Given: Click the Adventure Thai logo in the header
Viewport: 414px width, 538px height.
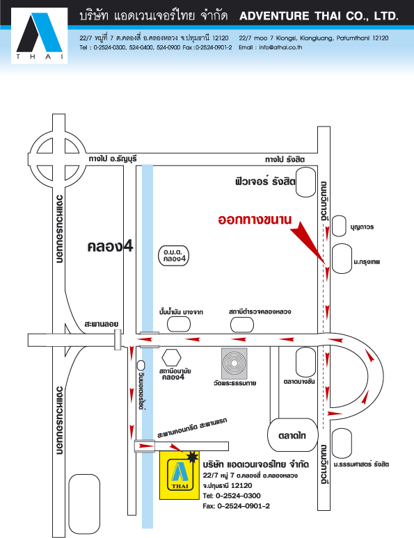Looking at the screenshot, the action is click(x=39, y=35).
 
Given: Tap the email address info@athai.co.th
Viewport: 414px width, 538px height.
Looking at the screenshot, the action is click(x=280, y=47).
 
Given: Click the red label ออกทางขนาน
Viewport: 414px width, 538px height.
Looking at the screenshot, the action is click(x=255, y=220).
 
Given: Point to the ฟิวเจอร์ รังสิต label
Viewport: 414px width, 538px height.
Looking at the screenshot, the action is click(x=265, y=181).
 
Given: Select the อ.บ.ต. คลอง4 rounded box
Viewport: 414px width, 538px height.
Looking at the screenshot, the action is click(x=174, y=256).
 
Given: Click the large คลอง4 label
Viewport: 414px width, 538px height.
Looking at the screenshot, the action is click(x=110, y=246).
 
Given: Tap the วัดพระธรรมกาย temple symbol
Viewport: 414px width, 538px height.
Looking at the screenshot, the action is click(x=234, y=363).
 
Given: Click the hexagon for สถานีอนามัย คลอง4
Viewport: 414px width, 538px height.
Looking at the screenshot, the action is click(x=171, y=357).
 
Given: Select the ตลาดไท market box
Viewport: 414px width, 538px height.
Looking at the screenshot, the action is click(x=293, y=435).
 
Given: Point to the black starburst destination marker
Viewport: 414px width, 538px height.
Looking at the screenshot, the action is click(x=192, y=457).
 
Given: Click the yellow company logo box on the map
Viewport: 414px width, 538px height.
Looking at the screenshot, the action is click(x=180, y=475).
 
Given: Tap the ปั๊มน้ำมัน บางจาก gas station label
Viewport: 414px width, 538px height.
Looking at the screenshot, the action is click(x=181, y=312).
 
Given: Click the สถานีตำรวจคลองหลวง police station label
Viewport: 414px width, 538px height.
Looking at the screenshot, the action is click(x=260, y=311).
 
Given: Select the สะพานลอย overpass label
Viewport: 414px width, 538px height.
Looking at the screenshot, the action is click(x=102, y=324).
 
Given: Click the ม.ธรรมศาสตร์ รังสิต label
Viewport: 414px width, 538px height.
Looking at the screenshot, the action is click(x=361, y=464).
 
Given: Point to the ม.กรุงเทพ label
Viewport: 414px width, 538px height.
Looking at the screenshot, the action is click(x=367, y=262).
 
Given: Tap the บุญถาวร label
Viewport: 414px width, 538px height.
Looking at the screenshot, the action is click(x=362, y=227).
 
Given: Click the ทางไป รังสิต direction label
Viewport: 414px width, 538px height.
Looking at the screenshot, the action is click(x=285, y=159).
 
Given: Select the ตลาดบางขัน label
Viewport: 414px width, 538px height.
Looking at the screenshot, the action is click(x=299, y=382).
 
